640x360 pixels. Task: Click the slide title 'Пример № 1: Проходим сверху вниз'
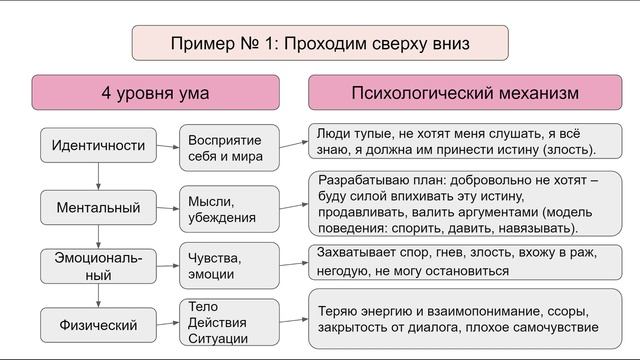pyautogui.click(x=319, y=44)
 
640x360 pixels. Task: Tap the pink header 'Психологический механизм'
pyautogui.click(x=465, y=93)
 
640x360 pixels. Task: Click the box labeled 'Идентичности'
pyautogui.click(x=98, y=146)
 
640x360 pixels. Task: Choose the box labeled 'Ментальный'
pyautogui.click(x=98, y=208)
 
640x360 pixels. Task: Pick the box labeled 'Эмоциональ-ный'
pyautogui.click(x=98, y=265)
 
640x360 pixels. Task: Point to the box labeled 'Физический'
pyautogui.click(x=98, y=323)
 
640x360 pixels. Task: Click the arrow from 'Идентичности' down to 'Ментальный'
pyautogui.click(x=98, y=177)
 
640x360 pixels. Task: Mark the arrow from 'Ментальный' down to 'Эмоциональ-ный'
pyautogui.click(x=98, y=237)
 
